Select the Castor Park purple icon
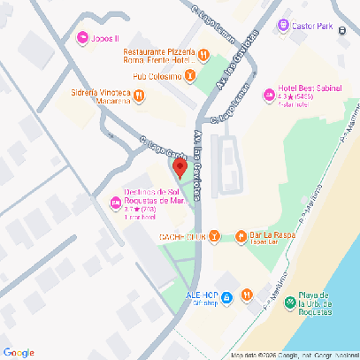(283, 27)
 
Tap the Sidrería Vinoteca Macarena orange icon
(140, 99)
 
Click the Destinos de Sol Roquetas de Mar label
(153, 198)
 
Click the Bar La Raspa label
(272, 235)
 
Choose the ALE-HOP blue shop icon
(226, 297)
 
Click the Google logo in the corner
(19, 352)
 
